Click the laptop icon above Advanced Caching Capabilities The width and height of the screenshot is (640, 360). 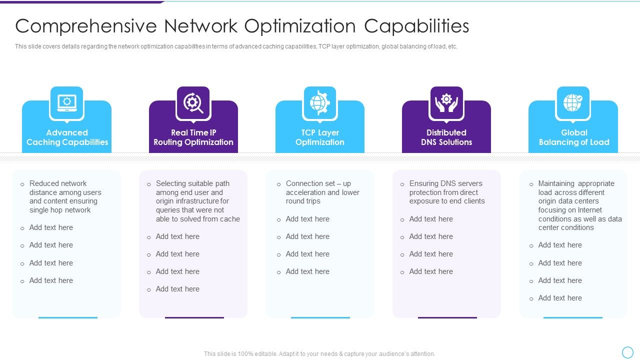click(x=66, y=102)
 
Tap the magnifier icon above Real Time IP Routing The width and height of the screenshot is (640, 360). click(x=193, y=102)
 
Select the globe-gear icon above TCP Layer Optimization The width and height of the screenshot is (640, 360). click(x=320, y=102)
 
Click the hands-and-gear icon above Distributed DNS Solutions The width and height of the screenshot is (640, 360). click(x=446, y=102)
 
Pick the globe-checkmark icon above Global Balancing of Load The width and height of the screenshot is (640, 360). click(x=573, y=102)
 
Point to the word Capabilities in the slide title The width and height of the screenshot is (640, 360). click(x=416, y=26)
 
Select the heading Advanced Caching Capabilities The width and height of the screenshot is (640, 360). click(x=67, y=137)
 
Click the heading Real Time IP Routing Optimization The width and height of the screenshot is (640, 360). click(x=193, y=137)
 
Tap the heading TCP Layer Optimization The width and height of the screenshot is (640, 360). click(x=320, y=137)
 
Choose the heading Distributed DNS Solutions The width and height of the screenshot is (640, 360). click(x=446, y=137)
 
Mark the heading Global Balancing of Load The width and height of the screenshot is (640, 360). click(x=574, y=137)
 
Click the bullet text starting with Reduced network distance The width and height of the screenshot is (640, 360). click(x=65, y=196)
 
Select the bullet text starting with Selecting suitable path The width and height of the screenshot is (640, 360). click(x=197, y=201)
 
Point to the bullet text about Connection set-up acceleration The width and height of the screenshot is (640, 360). click(x=322, y=192)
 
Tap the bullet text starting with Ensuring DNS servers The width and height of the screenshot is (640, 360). click(x=446, y=192)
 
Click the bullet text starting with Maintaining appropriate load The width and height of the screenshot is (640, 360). click(x=579, y=205)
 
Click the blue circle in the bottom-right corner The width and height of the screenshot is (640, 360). click(x=627, y=352)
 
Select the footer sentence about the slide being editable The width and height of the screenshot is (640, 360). click(x=319, y=353)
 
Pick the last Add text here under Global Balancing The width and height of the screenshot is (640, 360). click(x=559, y=298)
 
